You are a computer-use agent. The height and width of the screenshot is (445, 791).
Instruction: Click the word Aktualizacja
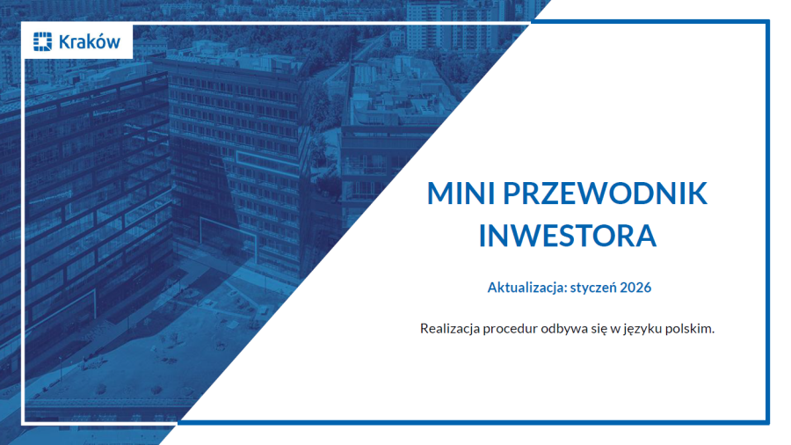coord(525,288)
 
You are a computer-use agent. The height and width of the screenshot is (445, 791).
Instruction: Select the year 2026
coord(636,288)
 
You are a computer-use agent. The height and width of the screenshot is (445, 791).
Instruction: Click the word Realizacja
coord(450,329)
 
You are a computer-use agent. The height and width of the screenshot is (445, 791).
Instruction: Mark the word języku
coord(646,330)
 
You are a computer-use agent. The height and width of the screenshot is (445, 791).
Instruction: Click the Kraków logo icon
coord(42,40)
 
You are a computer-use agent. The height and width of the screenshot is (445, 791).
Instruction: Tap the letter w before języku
coord(618,330)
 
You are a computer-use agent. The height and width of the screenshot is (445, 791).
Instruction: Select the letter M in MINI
coord(439,194)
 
